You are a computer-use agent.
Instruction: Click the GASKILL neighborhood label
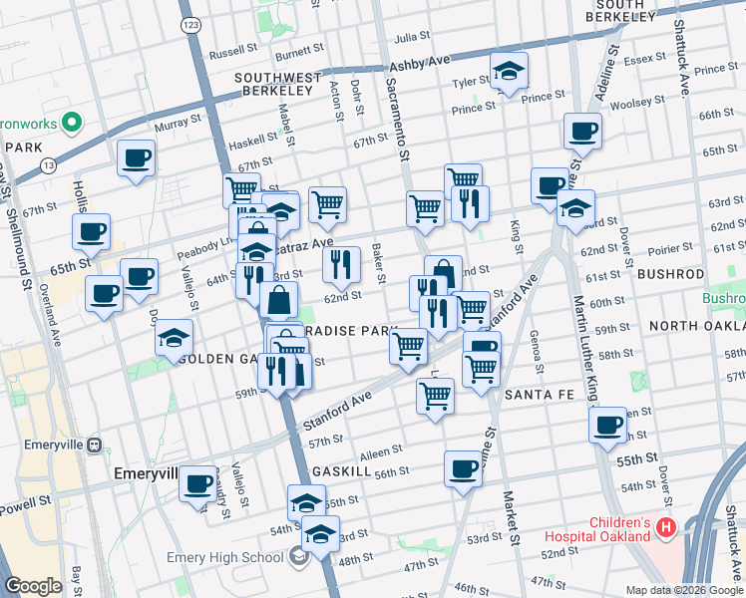[x=341, y=469]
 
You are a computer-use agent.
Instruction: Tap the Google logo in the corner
[x=34, y=585]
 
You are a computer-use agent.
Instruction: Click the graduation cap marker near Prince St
[x=509, y=71]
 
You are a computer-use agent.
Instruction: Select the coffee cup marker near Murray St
[x=137, y=156]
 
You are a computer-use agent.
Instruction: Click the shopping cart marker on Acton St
[x=327, y=204]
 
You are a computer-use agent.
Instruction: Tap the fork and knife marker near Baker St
[x=342, y=264]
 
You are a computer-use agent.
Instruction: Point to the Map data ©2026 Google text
[x=683, y=590]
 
